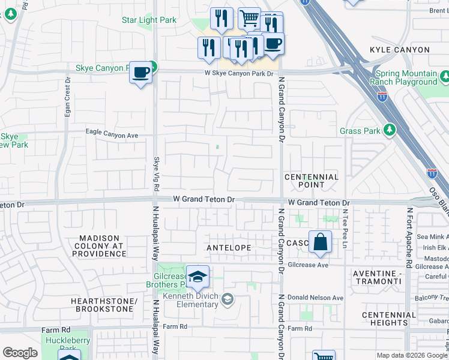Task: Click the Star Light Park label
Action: pyautogui.click(x=149, y=20)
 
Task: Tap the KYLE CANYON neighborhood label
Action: pyautogui.click(x=400, y=50)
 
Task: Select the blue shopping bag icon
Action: pyautogui.click(x=321, y=242)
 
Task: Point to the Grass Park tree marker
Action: pyautogui.click(x=389, y=130)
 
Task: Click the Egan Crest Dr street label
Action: pyautogui.click(x=68, y=101)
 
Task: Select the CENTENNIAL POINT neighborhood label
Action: pyautogui.click(x=311, y=181)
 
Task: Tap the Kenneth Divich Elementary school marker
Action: pyautogui.click(x=227, y=298)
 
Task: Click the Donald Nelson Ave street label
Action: pyautogui.click(x=315, y=298)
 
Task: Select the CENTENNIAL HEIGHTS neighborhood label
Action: pyautogui.click(x=389, y=319)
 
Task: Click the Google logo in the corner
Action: pyautogui.click(x=20, y=353)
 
